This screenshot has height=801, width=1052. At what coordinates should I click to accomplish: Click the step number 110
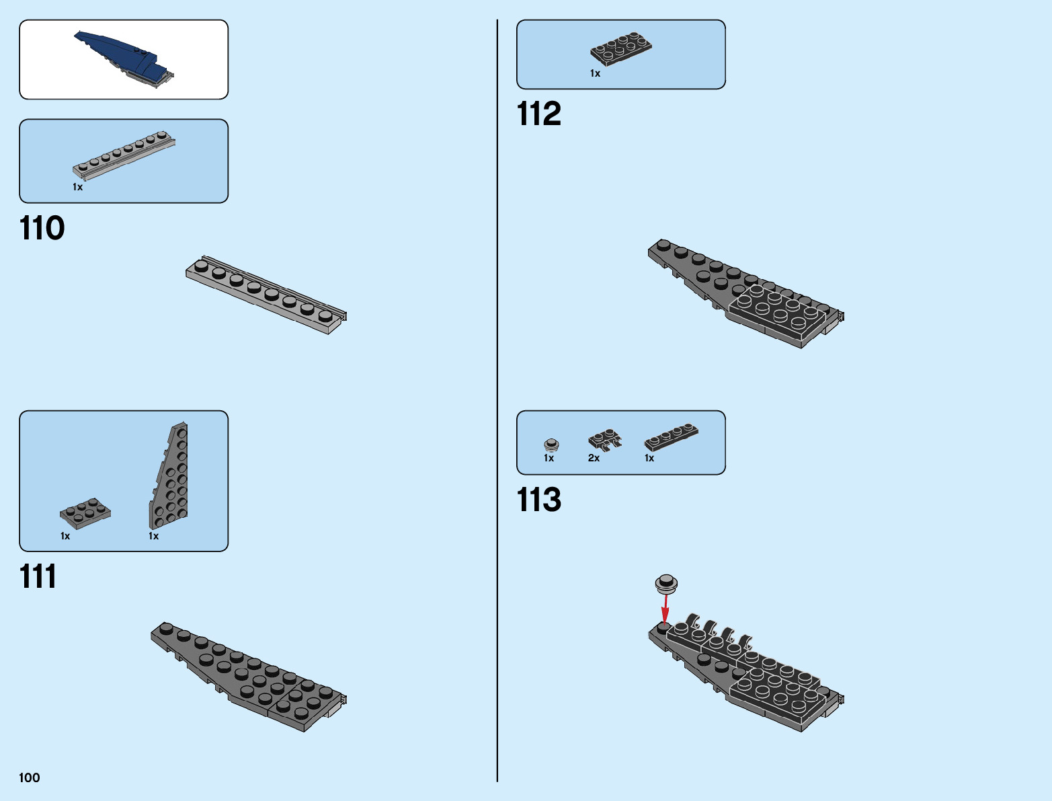coord(42,229)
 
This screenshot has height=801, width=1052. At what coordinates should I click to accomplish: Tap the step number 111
coord(38,577)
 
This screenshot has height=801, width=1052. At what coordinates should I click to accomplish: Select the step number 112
coord(538,114)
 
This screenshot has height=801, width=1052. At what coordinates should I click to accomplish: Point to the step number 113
coord(538,500)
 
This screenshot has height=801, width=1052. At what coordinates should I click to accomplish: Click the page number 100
coord(30,778)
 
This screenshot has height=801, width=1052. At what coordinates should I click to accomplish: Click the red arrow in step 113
coord(665,611)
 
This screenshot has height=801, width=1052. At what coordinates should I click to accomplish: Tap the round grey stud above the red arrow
coord(666,583)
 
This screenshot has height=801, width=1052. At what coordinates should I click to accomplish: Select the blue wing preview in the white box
coord(124,59)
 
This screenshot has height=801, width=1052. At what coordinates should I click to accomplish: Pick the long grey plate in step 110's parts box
coord(124,155)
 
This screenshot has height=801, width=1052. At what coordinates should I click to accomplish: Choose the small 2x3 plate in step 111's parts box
coord(85,513)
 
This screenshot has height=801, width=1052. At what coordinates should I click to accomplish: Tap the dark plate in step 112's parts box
coord(620,48)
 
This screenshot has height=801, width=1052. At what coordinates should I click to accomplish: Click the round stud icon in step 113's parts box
coord(551,444)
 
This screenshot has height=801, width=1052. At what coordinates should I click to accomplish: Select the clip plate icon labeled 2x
coord(604,440)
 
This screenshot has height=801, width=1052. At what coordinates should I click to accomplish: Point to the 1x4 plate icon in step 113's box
coord(671,436)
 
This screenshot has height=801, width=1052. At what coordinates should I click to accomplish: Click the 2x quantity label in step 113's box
coord(594,458)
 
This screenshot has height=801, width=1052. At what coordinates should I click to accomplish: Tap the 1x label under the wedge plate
coord(153,536)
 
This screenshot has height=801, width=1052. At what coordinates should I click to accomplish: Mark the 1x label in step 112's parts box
coord(595,73)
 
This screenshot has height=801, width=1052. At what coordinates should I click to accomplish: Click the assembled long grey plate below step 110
coord(266,294)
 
